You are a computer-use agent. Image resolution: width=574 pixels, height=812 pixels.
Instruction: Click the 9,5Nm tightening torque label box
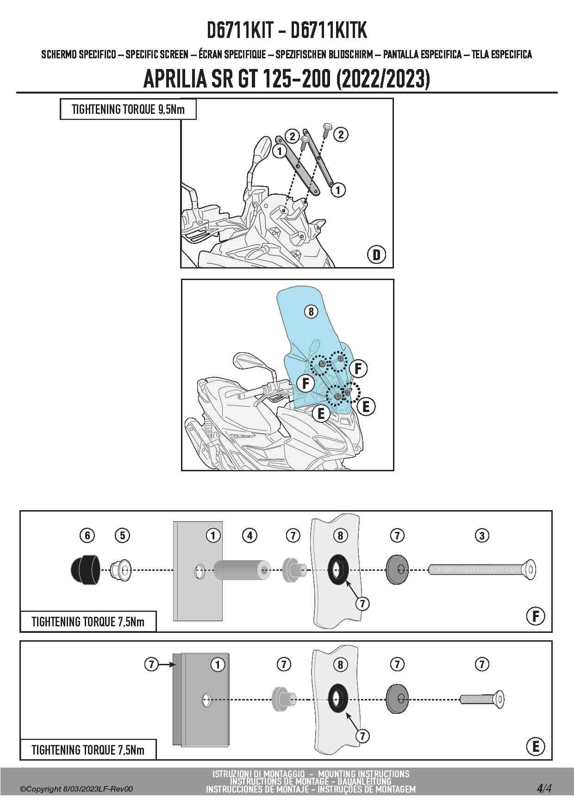pyautogui.click(x=128, y=110)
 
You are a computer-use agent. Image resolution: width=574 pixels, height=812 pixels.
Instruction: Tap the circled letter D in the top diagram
pyautogui.click(x=376, y=255)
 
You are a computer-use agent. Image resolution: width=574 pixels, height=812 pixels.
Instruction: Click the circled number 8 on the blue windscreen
pyautogui.click(x=311, y=312)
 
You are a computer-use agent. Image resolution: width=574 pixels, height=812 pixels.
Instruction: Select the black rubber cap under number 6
pyautogui.click(x=85, y=568)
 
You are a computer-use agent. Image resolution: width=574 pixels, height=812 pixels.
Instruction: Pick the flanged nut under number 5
pyautogui.click(x=121, y=569)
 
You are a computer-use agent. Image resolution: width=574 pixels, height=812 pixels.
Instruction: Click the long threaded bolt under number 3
pyautogui.click(x=482, y=569)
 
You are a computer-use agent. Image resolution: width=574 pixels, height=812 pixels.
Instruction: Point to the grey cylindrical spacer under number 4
pyautogui.click(x=242, y=569)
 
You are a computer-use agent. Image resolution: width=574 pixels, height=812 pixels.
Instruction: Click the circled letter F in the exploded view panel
pyautogui.click(x=536, y=616)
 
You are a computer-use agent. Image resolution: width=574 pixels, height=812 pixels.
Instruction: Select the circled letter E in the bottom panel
pyautogui.click(x=536, y=746)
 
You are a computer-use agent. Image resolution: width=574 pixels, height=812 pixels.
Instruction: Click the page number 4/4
pyautogui.click(x=544, y=788)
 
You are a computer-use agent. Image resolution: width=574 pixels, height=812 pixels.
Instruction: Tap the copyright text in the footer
pyautogui.click(x=76, y=789)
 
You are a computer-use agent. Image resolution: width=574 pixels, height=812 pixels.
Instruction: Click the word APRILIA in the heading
pyautogui.click(x=175, y=80)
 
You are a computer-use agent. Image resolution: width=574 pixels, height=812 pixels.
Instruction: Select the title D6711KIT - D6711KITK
pyautogui.click(x=287, y=31)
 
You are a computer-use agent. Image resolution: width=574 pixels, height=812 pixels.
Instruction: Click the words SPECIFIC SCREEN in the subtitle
pyautogui.click(x=157, y=55)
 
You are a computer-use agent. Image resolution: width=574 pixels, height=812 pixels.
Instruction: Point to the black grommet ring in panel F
pyautogui.click(x=339, y=569)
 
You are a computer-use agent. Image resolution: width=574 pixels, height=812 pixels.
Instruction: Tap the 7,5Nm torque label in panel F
pyautogui.click(x=87, y=621)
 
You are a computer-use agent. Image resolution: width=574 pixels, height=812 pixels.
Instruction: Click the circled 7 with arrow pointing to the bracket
pyautogui.click(x=151, y=664)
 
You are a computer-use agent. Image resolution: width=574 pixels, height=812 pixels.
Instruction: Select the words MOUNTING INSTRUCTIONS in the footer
pyautogui.click(x=363, y=774)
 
